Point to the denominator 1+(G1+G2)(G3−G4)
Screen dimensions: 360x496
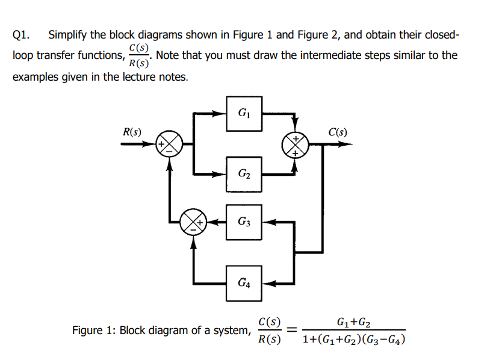coord(354,340)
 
